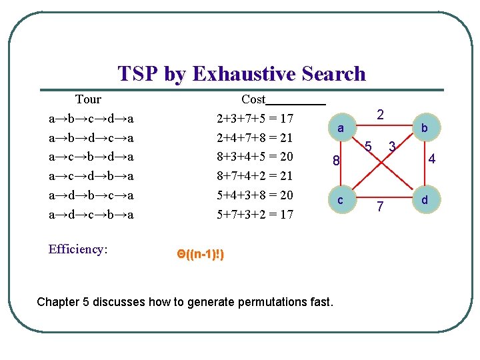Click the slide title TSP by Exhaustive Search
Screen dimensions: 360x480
point(241,73)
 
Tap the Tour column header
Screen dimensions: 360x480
point(88,100)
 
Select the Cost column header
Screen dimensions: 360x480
point(253,100)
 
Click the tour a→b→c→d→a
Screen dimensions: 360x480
point(91,119)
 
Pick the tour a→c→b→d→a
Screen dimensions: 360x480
point(91,157)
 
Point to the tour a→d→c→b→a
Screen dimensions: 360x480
point(91,215)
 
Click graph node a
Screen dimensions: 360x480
point(340,127)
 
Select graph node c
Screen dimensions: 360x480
point(340,200)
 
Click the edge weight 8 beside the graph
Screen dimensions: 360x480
point(337,161)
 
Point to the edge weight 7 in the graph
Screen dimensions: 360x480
point(379,207)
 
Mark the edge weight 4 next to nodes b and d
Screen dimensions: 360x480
point(432,160)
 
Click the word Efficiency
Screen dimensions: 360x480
point(75,249)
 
